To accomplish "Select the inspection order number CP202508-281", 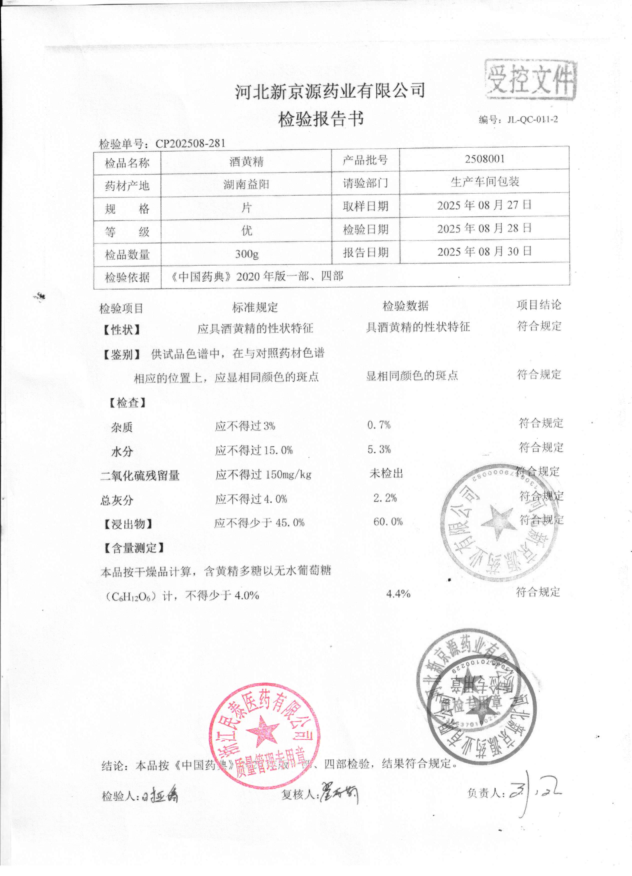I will (x=190, y=143).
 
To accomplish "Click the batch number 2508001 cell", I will (x=484, y=159).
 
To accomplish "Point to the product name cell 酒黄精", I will (x=246, y=161).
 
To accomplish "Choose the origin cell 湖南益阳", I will (x=246, y=184).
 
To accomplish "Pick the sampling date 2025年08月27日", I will (x=484, y=205).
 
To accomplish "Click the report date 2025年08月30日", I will (x=484, y=252).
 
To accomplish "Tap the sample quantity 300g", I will (x=246, y=254).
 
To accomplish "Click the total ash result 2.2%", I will (x=385, y=498).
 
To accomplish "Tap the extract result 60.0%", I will (x=388, y=522).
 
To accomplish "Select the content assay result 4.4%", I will (x=398, y=594).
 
